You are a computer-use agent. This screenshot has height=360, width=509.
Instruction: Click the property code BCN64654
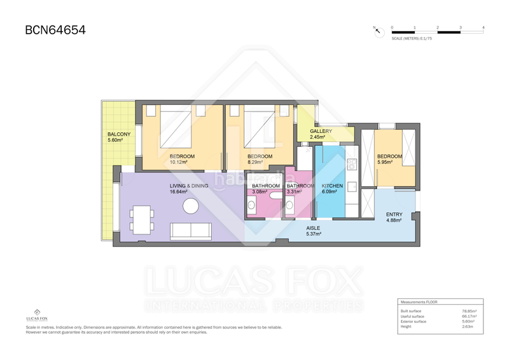pos(55,30)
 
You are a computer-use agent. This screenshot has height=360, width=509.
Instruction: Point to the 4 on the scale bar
pos(484,27)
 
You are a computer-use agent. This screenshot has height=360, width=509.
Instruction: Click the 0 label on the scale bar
pos(392,27)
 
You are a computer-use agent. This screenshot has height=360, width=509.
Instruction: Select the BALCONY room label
pos(119,134)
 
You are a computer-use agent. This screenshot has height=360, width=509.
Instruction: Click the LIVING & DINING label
pos(188,186)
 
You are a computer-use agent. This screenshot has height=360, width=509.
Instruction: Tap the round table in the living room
pos(190,206)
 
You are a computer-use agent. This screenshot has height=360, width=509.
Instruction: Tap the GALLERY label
pos(321,131)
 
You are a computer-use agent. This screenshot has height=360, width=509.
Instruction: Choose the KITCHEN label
pos(332,186)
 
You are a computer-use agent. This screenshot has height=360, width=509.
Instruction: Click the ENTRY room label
pos(394,214)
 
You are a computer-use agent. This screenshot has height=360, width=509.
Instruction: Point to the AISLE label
pos(313,228)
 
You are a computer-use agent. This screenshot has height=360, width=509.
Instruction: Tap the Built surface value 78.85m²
pos(469,311)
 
